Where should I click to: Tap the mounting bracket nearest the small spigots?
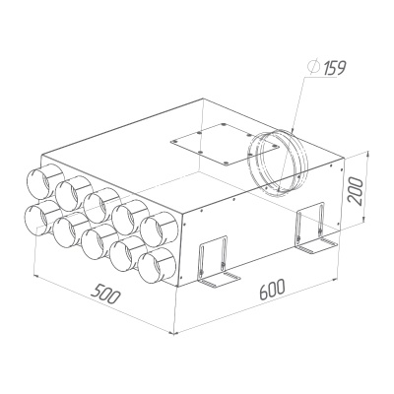(x=212, y=264)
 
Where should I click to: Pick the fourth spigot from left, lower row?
(x=125, y=255)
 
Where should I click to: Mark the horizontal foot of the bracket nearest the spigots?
(x=218, y=283)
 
